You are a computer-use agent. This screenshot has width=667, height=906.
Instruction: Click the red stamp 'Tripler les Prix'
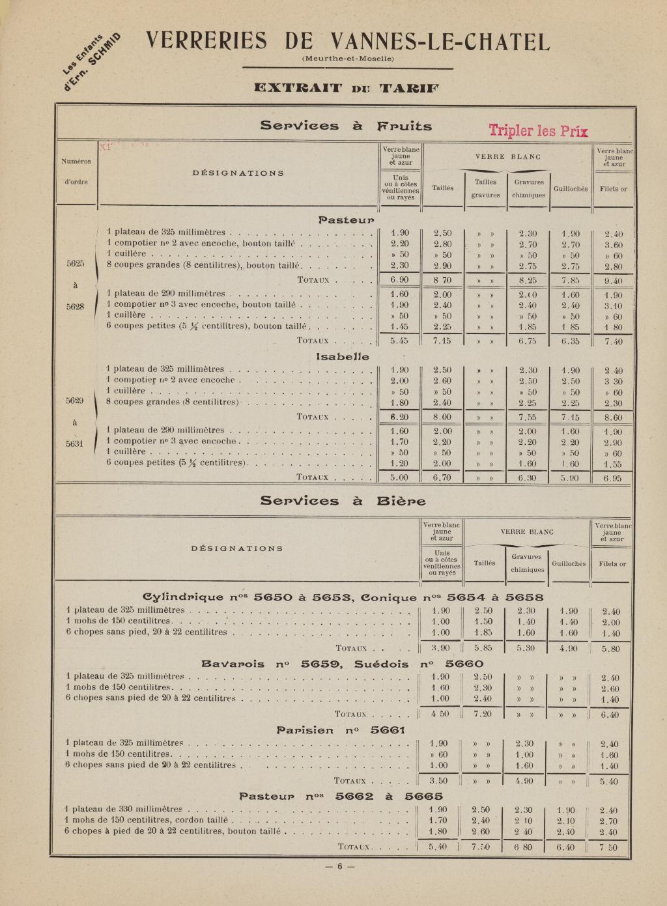[x=539, y=130]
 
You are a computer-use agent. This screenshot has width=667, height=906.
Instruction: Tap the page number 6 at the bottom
[x=339, y=866]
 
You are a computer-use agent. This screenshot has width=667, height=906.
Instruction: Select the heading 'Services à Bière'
[x=343, y=501]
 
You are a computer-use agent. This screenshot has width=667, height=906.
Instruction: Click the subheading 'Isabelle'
[x=343, y=357]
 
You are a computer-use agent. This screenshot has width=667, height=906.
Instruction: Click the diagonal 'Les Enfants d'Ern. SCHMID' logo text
[x=91, y=61]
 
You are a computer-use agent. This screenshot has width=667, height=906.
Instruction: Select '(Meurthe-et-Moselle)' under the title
[x=348, y=59]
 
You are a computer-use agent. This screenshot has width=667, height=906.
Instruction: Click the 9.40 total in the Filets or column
[x=613, y=281]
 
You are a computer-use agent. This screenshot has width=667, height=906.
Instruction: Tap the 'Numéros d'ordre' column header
[x=76, y=171]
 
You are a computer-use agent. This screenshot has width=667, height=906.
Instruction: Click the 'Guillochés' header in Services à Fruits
[x=570, y=189]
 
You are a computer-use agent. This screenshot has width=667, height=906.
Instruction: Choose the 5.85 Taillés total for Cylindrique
[x=483, y=649]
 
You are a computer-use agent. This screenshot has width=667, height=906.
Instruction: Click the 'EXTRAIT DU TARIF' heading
[x=347, y=88]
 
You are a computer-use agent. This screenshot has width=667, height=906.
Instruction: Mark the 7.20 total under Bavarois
[x=483, y=714]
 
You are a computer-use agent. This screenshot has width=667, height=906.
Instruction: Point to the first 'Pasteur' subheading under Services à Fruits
[x=346, y=220]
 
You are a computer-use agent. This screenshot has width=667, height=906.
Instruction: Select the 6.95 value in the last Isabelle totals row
[x=613, y=478]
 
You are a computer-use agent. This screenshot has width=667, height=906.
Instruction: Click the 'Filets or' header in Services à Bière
[x=612, y=564]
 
